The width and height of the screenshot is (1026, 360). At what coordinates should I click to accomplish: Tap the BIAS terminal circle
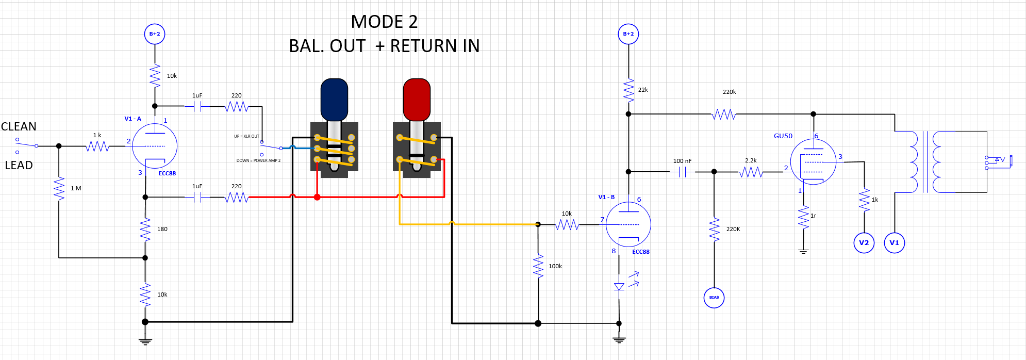pos(714,298)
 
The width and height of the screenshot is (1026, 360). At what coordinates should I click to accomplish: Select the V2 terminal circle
pos(864,242)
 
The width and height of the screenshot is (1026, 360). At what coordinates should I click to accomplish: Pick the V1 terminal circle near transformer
pos(895,242)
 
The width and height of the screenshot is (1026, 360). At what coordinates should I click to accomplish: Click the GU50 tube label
pos(783,136)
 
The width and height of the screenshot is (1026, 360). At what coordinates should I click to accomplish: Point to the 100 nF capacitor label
pos(682,161)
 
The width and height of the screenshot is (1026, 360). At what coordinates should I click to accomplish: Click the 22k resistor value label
pos(643,90)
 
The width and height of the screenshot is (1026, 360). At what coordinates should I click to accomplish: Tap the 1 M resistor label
pos(76,188)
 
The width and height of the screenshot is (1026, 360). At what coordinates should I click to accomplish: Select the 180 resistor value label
pos(162,229)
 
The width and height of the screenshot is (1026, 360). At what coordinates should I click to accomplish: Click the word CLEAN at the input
pos(19,127)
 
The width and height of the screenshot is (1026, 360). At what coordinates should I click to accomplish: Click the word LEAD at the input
pos(19,166)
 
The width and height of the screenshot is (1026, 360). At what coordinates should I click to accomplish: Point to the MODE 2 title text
pos(384,22)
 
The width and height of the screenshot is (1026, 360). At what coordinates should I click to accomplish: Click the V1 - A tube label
pos(133,119)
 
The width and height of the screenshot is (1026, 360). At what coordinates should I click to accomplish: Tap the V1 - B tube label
pos(606,197)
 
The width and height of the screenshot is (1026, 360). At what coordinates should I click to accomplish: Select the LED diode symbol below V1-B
pos(619,287)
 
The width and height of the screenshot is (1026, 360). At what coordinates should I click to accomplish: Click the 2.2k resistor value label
pos(751,160)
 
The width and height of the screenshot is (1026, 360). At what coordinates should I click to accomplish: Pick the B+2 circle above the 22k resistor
pos(628,34)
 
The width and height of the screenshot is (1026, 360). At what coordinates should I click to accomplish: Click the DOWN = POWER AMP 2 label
pos(258,160)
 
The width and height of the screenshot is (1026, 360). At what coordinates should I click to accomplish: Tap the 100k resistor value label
pos(555,266)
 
